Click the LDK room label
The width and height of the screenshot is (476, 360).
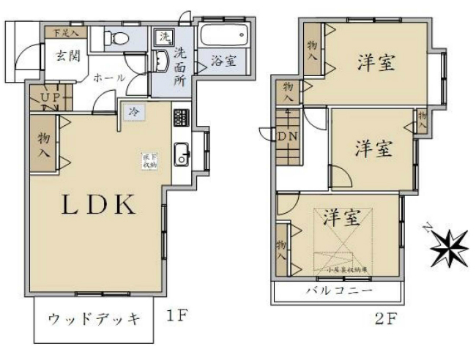98,205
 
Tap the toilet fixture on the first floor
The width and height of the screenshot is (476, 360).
121,38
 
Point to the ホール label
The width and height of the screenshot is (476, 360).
110,78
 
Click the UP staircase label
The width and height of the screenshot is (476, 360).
51,97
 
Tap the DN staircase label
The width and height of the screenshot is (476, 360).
287,135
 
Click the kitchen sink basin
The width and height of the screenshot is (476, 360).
181,154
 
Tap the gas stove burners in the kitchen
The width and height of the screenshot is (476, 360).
180,116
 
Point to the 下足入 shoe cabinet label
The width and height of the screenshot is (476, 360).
61,33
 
